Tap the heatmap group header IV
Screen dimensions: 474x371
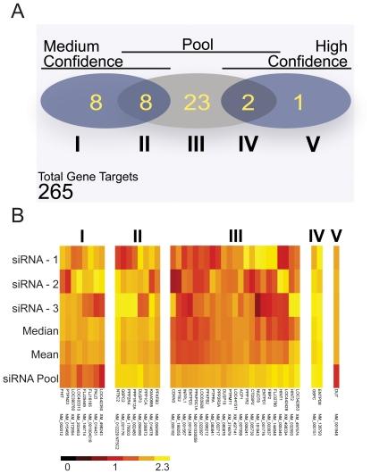pos(316,235)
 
